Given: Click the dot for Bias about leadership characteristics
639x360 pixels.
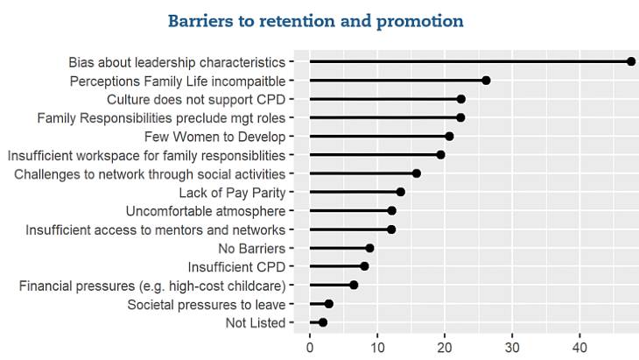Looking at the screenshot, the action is coord(631,61).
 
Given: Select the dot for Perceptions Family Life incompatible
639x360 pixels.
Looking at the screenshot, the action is coord(486,81).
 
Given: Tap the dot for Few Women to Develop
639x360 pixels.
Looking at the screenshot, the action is coord(449,136).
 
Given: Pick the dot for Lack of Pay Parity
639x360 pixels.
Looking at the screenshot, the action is coord(401,192).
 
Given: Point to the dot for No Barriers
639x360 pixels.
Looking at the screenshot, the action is coord(369,248).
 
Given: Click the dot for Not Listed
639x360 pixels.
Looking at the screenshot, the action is coord(323,322).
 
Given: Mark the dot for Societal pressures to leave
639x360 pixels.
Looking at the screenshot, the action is coord(329,304).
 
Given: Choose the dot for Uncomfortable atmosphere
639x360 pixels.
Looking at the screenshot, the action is coord(391,211).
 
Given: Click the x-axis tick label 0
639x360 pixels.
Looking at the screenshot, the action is coord(310,348).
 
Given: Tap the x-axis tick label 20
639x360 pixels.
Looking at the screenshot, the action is coord(445,348).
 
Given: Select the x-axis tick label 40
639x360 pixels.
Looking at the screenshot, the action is coord(579,348).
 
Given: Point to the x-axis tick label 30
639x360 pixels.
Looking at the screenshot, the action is coord(512,348).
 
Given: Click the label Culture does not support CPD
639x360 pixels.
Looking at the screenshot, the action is coord(196,100).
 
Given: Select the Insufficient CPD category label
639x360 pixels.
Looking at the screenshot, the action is coord(236,267).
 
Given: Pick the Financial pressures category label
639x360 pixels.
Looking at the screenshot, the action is coord(152,286).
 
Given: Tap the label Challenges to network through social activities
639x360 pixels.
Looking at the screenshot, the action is coord(150,174).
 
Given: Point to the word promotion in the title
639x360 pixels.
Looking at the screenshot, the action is coord(420,22).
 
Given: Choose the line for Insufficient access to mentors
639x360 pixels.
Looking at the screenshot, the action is coord(350,229).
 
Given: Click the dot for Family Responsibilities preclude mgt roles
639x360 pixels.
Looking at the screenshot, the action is coord(460,118).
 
